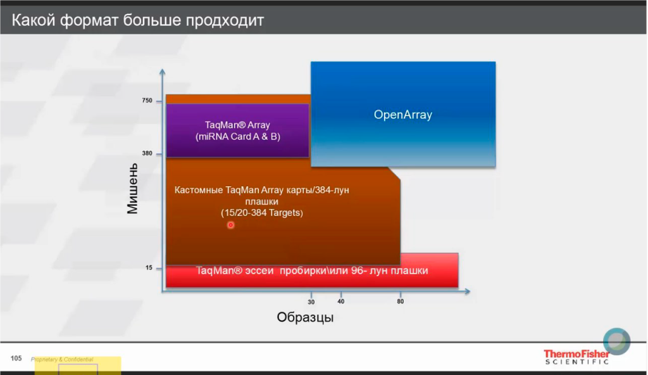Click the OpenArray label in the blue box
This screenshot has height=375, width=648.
pyautogui.click(x=402, y=115)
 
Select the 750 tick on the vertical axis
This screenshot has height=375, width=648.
pyautogui.click(x=147, y=101)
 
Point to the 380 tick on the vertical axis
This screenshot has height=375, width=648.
pyautogui.click(x=147, y=154)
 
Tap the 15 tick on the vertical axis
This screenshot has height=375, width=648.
pyautogui.click(x=149, y=268)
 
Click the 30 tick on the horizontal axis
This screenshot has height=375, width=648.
pyautogui.click(x=311, y=302)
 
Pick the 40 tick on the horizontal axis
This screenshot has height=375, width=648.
pyautogui.click(x=340, y=302)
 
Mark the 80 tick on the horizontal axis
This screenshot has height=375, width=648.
pyautogui.click(x=401, y=302)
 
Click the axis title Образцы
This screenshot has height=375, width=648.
pyautogui.click(x=305, y=317)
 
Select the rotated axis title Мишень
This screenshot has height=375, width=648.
pyautogui.click(x=132, y=189)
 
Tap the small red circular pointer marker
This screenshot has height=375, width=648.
pyautogui.click(x=230, y=225)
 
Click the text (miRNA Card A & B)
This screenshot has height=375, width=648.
pyautogui.click(x=238, y=136)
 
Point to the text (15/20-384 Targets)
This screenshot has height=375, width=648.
pyautogui.click(x=262, y=213)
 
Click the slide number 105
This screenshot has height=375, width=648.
pyautogui.click(x=16, y=359)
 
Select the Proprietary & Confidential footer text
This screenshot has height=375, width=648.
pyautogui.click(x=62, y=359)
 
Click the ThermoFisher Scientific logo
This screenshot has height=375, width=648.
pyautogui.click(x=576, y=357)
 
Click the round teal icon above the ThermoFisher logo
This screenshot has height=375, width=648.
pyautogui.click(x=616, y=341)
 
